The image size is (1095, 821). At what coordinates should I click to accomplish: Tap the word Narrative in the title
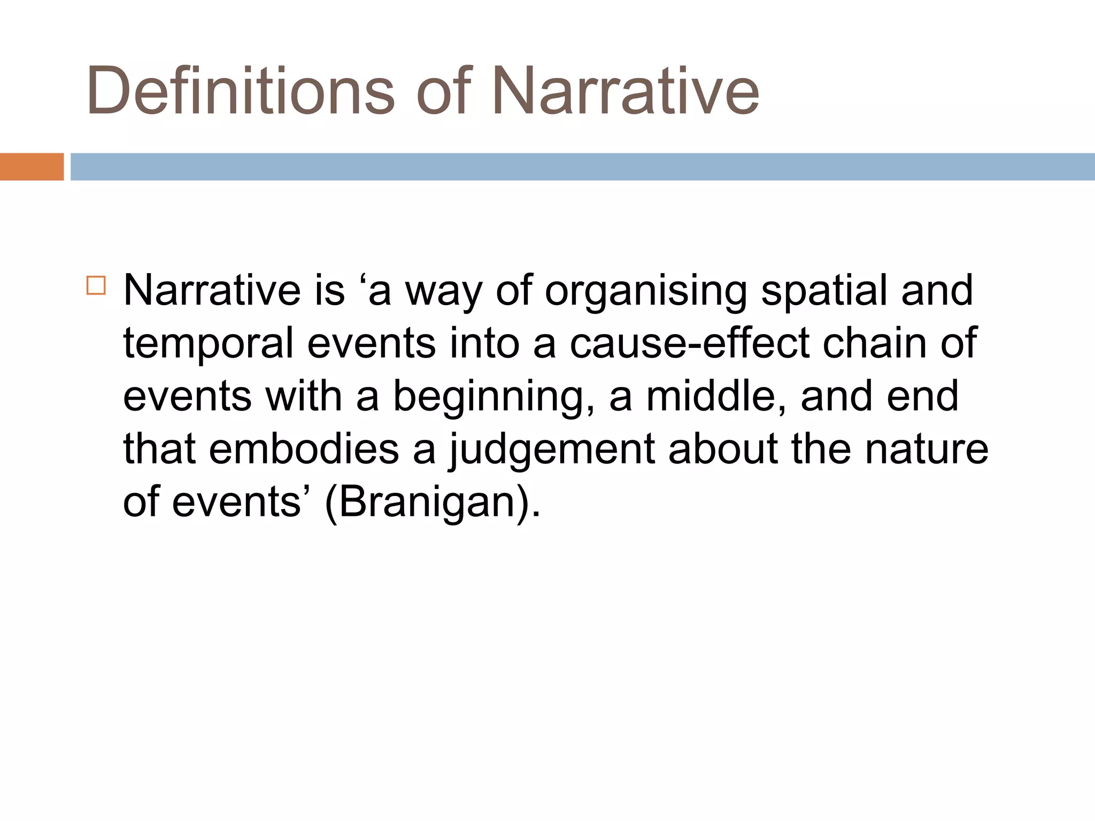click(624, 90)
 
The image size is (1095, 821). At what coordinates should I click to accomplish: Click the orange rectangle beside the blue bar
click(32, 167)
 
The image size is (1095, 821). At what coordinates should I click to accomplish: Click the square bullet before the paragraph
click(96, 285)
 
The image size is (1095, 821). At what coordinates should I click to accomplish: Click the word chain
click(874, 343)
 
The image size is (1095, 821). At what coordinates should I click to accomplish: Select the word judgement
click(551, 451)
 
